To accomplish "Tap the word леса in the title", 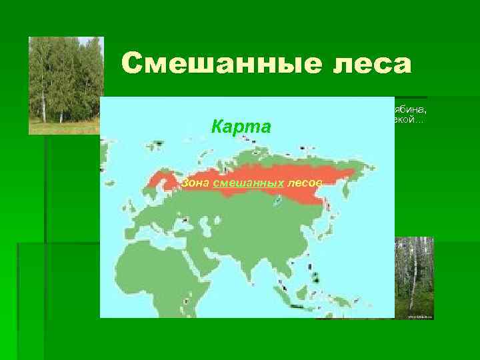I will coord(365,64).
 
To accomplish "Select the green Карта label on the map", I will coord(241,127).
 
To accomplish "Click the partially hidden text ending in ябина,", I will coord(411,111).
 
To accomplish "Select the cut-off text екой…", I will coord(408,121).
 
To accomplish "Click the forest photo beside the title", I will coord(65,85).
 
